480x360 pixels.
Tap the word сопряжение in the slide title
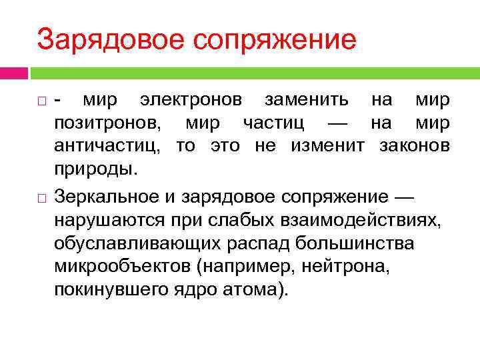(x=275, y=40)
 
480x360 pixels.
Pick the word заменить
(x=306, y=101)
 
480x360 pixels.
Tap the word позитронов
(x=107, y=123)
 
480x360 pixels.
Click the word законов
(x=414, y=146)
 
